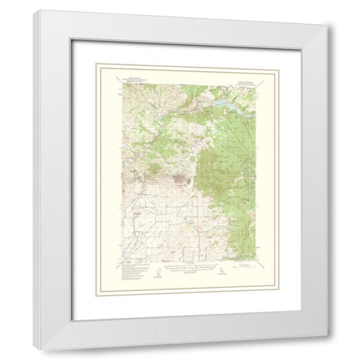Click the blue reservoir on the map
(x=228, y=97)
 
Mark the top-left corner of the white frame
(x=35, y=10)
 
